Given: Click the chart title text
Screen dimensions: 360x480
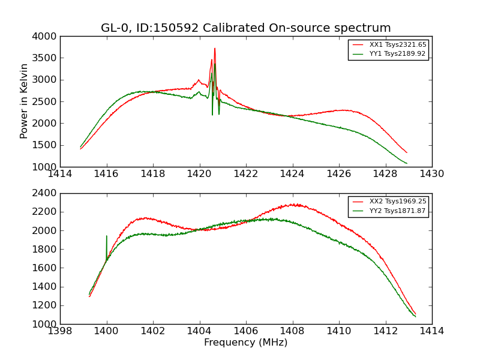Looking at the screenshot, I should (245, 28).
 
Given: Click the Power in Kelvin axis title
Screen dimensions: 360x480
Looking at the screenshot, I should (25, 101).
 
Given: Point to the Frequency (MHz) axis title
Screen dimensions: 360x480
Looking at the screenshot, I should (245, 343).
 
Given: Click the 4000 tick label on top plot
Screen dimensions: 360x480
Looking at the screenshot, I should (46, 37).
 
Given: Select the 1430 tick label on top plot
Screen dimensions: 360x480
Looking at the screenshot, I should (431, 174).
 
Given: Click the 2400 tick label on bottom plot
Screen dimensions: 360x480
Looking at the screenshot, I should (46, 193).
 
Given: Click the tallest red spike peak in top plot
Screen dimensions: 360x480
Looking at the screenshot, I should (215, 49).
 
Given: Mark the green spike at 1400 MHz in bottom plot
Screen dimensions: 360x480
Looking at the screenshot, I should (107, 236).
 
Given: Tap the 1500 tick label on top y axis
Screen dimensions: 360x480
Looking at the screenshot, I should (46, 145).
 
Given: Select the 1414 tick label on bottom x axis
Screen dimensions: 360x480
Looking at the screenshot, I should (431, 331).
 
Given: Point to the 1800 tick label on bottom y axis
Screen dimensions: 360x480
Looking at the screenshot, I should (46, 249).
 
